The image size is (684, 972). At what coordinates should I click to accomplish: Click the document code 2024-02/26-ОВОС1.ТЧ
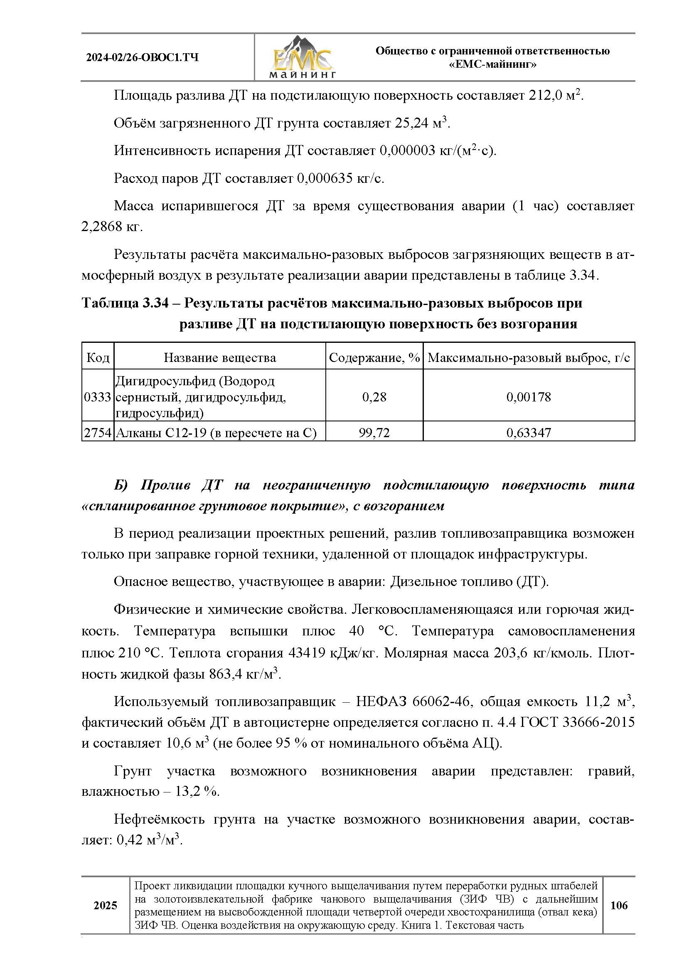click(142, 58)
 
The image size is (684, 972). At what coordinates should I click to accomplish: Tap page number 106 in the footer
click(619, 905)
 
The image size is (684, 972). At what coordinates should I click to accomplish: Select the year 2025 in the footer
click(106, 906)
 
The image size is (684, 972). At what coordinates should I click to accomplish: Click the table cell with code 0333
click(98, 397)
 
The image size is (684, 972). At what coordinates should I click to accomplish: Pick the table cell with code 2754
click(98, 433)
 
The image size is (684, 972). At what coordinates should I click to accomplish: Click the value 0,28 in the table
click(374, 397)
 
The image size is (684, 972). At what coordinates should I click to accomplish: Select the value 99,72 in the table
click(374, 433)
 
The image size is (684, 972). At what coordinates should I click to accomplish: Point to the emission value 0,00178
click(529, 397)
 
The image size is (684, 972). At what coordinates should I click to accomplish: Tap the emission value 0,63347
click(529, 433)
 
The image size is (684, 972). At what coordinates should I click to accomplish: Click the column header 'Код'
click(98, 358)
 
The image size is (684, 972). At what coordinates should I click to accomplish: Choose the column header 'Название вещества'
click(220, 358)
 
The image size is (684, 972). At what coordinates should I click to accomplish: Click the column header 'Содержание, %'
click(374, 358)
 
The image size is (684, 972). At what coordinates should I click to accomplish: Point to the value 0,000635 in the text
click(325, 179)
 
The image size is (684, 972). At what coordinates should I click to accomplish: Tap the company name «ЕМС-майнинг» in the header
click(492, 65)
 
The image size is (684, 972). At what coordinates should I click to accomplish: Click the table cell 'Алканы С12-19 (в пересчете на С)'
click(216, 433)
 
